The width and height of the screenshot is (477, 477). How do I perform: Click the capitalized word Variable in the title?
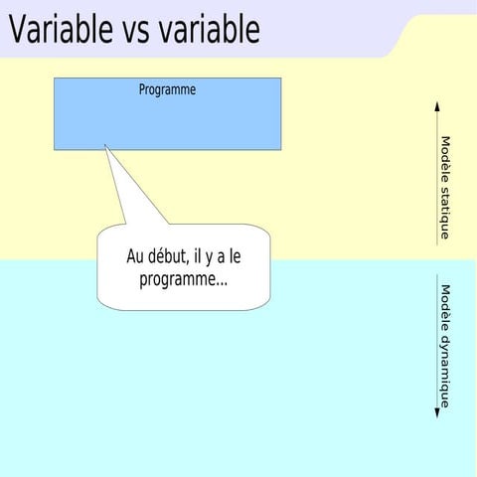[60, 30]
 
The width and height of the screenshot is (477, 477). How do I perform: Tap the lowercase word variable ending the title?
[213, 30]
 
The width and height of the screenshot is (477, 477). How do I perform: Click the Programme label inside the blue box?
[167, 89]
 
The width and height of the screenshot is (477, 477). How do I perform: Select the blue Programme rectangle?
[167, 124]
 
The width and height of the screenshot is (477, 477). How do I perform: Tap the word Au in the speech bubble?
[136, 257]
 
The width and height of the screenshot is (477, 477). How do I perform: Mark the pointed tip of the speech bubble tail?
[105, 147]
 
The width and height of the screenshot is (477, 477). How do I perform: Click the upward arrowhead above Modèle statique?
[437, 105]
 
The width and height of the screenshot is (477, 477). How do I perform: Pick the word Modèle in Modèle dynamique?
[445, 307]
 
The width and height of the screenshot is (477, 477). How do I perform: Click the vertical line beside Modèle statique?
[437, 174]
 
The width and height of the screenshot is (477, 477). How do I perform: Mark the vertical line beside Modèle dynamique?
[437, 343]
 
